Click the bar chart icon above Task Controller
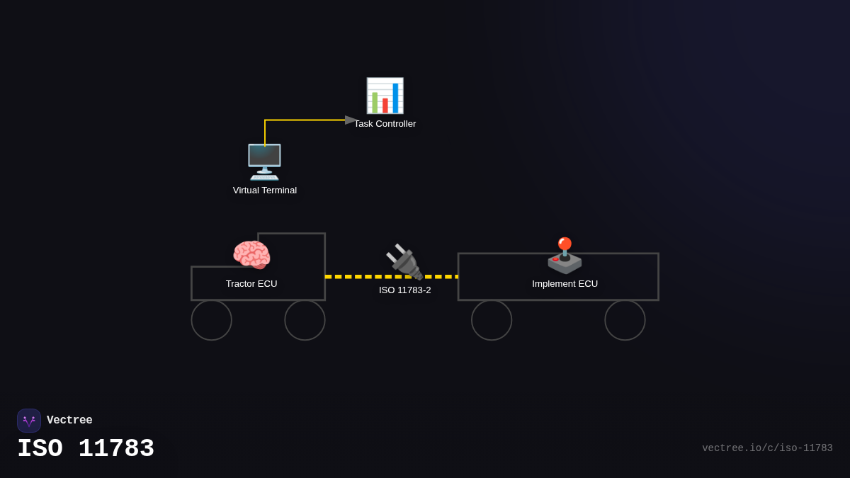[385, 96]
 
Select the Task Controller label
[385, 124]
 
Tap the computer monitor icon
[264, 161]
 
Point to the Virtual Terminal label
[265, 190]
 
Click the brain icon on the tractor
[251, 255]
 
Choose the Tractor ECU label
[251, 284]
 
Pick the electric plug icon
[404, 261]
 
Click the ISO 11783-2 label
[404, 290]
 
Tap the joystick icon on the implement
[565, 256]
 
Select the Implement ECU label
[565, 284]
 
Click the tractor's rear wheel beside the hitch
[305, 320]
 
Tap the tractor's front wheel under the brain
[211, 320]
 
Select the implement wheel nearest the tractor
[492, 320]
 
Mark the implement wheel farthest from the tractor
[625, 320]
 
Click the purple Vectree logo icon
[29, 421]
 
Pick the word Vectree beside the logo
[69, 421]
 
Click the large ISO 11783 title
[86, 449]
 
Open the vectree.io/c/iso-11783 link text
[767, 448]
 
